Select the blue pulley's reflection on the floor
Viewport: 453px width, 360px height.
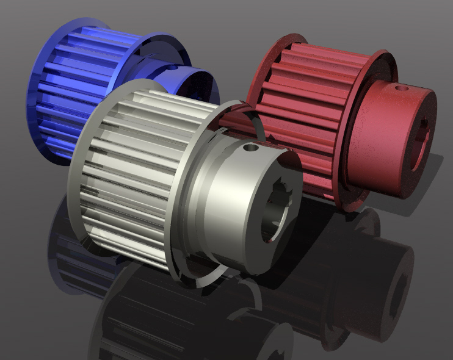coord(67,250)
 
